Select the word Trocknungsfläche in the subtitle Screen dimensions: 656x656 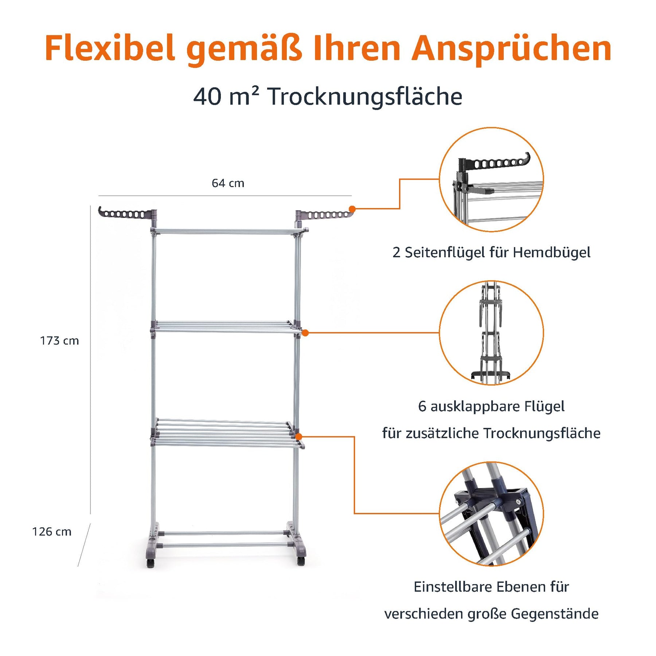point(365,97)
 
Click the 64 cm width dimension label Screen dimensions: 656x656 point(228,183)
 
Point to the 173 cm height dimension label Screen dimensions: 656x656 point(59,341)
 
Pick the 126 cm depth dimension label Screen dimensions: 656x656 point(52,532)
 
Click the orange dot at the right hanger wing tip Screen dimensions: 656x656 point(352,209)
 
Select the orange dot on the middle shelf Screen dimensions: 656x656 point(305,333)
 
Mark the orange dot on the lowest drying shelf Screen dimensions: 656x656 point(299,437)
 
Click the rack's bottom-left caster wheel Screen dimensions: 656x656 point(151,562)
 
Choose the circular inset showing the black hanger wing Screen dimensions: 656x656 point(491,179)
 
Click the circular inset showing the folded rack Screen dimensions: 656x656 point(491,333)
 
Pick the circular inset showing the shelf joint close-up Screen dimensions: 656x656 point(491,514)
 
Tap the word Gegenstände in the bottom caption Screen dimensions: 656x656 point(555,614)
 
